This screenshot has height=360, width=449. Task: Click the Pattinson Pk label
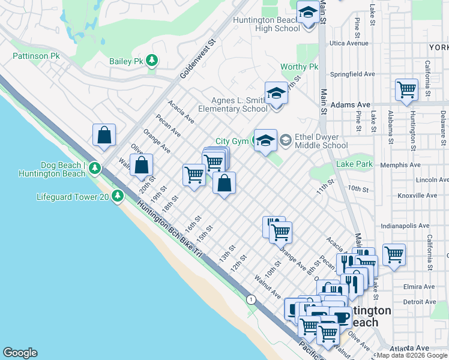click(36, 56)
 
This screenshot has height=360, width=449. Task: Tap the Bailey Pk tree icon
click(152, 60)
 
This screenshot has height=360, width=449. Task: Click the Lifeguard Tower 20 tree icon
click(118, 196)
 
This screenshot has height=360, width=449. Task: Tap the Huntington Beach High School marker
click(308, 13)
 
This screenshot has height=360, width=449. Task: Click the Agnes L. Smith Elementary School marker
click(276, 94)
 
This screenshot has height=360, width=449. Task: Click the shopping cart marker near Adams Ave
click(406, 90)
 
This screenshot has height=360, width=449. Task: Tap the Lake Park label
click(354, 164)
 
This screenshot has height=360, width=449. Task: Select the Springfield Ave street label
click(353, 74)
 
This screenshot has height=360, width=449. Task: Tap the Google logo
click(20, 353)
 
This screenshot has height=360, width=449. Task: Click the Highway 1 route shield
click(250, 298)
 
